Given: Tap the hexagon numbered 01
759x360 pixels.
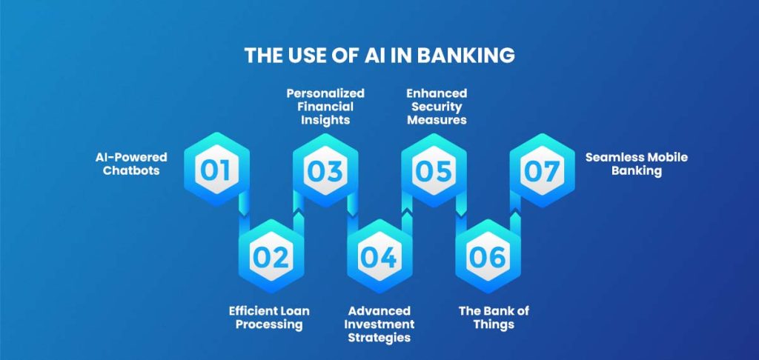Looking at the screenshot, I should pyautogui.click(x=216, y=170).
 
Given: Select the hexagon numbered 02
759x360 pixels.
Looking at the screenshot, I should pyautogui.click(x=270, y=256).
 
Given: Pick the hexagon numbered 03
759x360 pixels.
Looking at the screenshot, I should pyautogui.click(x=325, y=170).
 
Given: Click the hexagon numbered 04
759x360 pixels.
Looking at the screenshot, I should pyautogui.click(x=379, y=256).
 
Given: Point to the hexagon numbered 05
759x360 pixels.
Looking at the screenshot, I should pyautogui.click(x=434, y=170).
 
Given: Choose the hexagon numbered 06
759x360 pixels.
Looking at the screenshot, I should pyautogui.click(x=488, y=256).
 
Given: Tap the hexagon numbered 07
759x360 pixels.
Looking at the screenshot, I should pyautogui.click(x=542, y=170).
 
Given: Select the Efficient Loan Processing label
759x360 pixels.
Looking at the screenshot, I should pyautogui.click(x=269, y=317).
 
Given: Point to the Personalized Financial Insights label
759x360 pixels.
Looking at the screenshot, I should pyautogui.click(x=325, y=107).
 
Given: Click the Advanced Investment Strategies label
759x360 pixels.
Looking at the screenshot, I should pyautogui.click(x=380, y=324).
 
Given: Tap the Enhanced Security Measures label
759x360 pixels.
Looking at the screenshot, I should pyautogui.click(x=437, y=107).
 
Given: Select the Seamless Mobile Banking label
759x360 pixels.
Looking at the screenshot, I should pyautogui.click(x=636, y=164).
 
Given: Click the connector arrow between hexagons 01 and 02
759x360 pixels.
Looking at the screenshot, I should pyautogui.click(x=243, y=213).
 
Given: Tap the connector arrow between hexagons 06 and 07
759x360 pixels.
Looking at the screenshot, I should pyautogui.click(x=515, y=213).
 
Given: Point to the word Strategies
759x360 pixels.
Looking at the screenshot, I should pyautogui.click(x=380, y=339).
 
